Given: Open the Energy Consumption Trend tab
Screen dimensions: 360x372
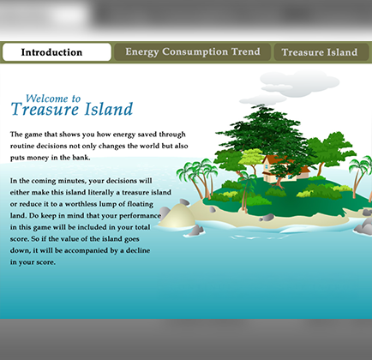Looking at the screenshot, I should (192, 52).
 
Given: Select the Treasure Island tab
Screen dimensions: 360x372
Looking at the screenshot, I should (319, 52).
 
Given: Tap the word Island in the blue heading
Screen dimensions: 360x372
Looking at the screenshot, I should (107, 110).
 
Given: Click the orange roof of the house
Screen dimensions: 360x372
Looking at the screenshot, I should (276, 159).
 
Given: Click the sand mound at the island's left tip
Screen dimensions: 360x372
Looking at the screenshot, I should (180, 218).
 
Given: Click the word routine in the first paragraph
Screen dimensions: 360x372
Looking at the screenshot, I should (29, 147).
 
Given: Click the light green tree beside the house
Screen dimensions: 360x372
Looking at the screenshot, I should (254, 159).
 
